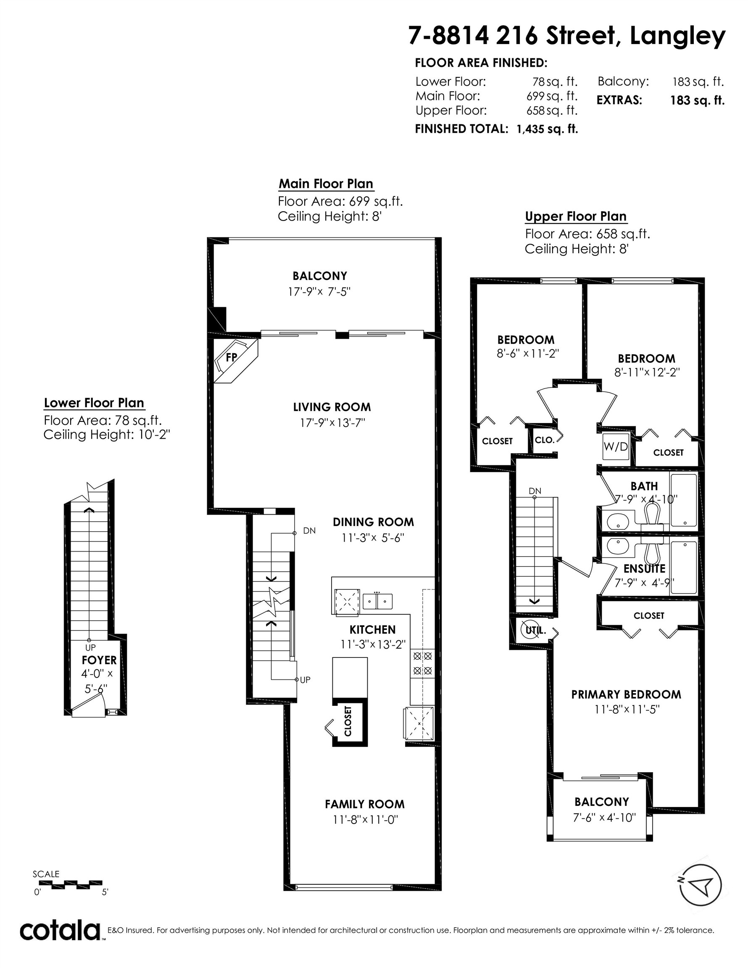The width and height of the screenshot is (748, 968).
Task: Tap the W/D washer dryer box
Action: tap(616, 447)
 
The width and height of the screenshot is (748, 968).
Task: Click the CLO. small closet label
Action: tap(545, 440)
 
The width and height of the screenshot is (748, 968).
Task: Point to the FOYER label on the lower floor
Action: tap(99, 660)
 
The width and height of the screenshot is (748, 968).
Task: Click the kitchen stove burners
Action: tap(422, 663)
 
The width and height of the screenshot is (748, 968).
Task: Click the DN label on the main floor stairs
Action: tap(309, 530)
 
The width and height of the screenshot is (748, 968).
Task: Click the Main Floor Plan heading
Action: tap(326, 184)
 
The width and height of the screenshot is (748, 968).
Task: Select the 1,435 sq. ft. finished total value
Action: tap(547, 129)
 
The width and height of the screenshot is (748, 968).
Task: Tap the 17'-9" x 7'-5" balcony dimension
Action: tap(319, 292)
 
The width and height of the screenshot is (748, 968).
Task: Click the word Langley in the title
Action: tap(677, 37)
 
